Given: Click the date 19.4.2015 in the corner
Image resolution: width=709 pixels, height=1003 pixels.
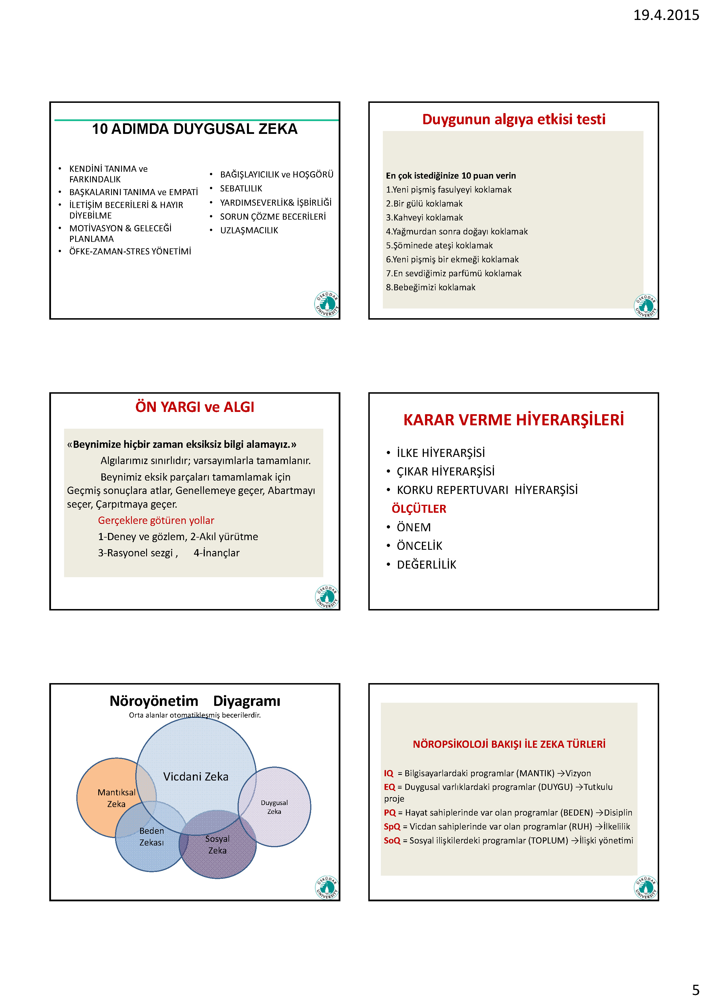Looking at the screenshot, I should click(x=665, y=15).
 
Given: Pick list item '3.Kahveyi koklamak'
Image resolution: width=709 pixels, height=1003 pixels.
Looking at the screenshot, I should click(x=424, y=218).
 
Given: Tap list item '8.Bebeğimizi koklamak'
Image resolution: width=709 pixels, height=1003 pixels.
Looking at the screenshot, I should click(x=430, y=287).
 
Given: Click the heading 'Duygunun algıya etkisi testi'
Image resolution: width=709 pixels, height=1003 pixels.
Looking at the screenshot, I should click(x=513, y=119).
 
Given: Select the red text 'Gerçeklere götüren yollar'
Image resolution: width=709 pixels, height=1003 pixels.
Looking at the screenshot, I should click(x=156, y=520).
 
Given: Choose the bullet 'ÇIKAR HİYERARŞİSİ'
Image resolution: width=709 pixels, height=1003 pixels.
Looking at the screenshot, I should click(x=445, y=472).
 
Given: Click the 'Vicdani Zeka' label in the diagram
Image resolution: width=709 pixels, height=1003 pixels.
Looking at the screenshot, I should click(x=196, y=777).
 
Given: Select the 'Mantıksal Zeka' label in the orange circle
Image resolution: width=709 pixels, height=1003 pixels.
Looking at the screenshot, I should click(x=116, y=798).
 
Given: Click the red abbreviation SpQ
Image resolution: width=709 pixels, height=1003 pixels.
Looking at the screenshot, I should click(x=392, y=826).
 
